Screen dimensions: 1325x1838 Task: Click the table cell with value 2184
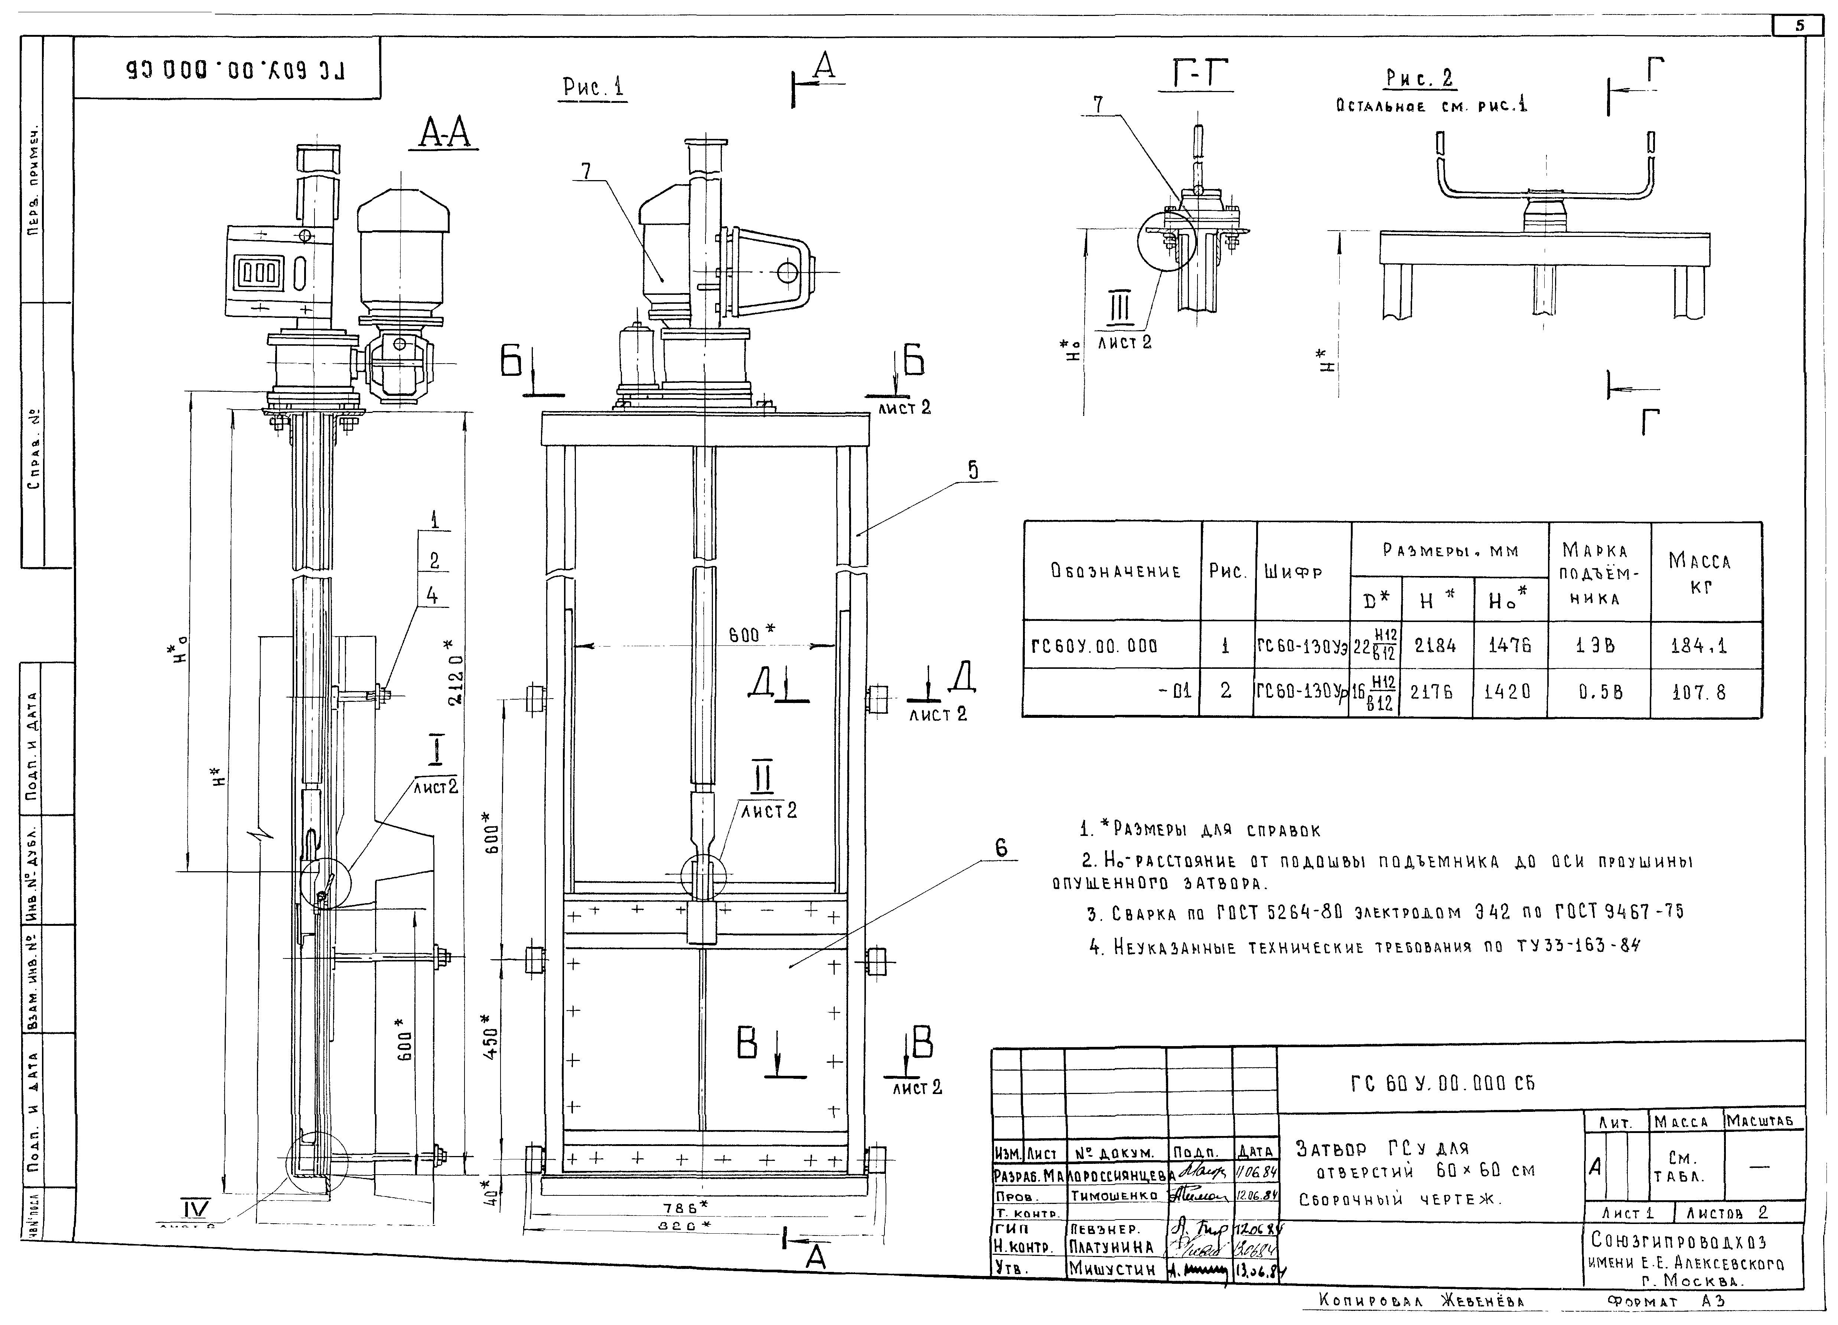click(x=1435, y=646)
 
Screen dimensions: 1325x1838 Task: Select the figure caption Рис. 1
click(x=594, y=87)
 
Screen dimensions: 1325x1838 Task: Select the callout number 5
click(x=972, y=470)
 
